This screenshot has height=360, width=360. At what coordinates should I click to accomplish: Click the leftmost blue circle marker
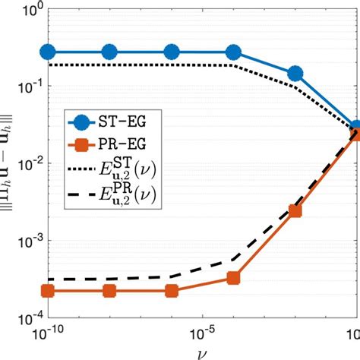[x=48, y=52]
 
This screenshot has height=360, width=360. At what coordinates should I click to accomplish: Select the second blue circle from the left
[x=109, y=52]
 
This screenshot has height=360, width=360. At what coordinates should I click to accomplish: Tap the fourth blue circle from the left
[x=233, y=52]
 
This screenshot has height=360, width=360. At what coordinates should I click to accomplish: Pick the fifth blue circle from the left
[x=295, y=74]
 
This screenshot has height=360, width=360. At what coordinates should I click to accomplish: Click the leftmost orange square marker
[x=48, y=291]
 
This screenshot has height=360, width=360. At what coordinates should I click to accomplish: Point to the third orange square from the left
[x=172, y=291]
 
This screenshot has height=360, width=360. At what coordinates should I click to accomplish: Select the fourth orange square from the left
[x=233, y=279]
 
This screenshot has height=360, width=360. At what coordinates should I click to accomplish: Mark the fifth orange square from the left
[x=295, y=212]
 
